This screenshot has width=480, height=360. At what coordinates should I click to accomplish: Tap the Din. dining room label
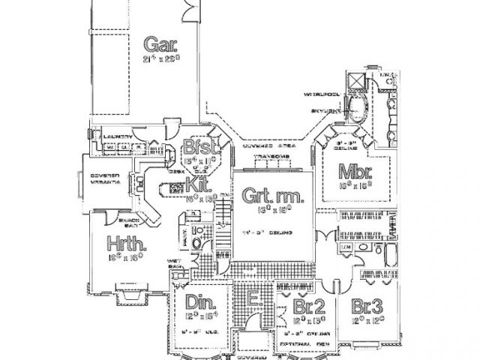click(201, 303)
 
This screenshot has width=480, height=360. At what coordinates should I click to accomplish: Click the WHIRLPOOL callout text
click(320, 95)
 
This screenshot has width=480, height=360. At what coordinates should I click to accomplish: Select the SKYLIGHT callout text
click(322, 110)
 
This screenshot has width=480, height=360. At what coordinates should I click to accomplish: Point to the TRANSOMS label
click(268, 156)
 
